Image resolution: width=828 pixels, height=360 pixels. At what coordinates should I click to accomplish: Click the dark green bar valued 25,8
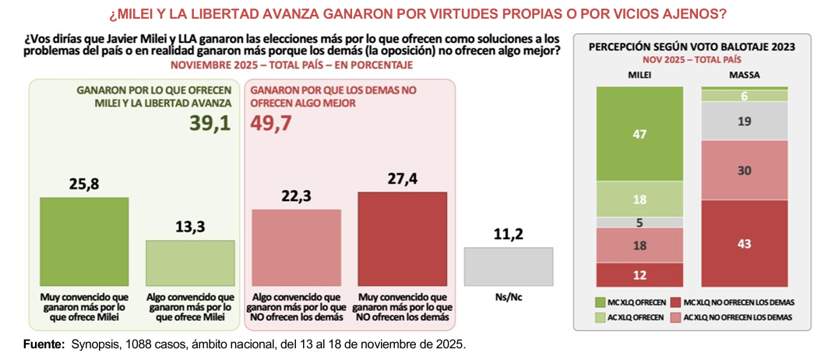[x=83, y=242]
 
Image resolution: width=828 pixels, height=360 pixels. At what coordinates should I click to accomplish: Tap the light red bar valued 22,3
[x=296, y=248]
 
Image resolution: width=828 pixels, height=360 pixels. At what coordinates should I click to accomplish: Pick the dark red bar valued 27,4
[x=402, y=239]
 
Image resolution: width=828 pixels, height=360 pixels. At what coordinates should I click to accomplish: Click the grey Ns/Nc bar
[x=509, y=266]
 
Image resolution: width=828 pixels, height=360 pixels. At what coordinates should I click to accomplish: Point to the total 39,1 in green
[x=210, y=123]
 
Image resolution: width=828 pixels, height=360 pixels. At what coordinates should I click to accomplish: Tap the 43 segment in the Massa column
[x=744, y=243]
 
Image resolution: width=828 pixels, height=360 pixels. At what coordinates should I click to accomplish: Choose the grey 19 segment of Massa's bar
[x=744, y=121]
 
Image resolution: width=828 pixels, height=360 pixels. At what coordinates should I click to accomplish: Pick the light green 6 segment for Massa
[x=744, y=94]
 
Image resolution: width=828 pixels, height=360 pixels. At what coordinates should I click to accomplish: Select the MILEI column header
[x=639, y=75]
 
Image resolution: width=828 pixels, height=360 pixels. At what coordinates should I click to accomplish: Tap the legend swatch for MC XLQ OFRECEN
[x=599, y=301]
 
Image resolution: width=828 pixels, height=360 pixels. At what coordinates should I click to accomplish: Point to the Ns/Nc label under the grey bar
[x=509, y=298]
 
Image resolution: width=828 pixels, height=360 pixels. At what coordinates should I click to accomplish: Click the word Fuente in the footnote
[x=44, y=344]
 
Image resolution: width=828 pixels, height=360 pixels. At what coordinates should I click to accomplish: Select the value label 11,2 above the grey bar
[x=509, y=234]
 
